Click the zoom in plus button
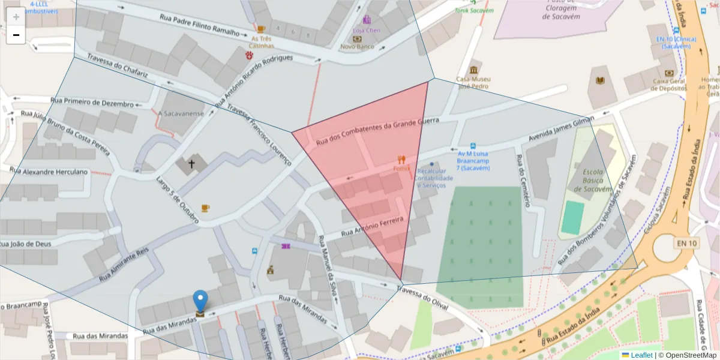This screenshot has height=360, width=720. click(16, 16)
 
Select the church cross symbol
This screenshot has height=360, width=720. click(192, 164)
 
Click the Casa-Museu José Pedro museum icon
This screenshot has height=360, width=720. click(474, 70)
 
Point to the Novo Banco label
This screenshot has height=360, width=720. click(357, 46)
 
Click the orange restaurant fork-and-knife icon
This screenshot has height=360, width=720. click(401, 160)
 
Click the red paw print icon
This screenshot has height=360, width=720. click(249, 55)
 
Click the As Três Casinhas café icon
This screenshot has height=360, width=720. click(260, 29)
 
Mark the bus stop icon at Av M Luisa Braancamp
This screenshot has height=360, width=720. click(473, 146)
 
